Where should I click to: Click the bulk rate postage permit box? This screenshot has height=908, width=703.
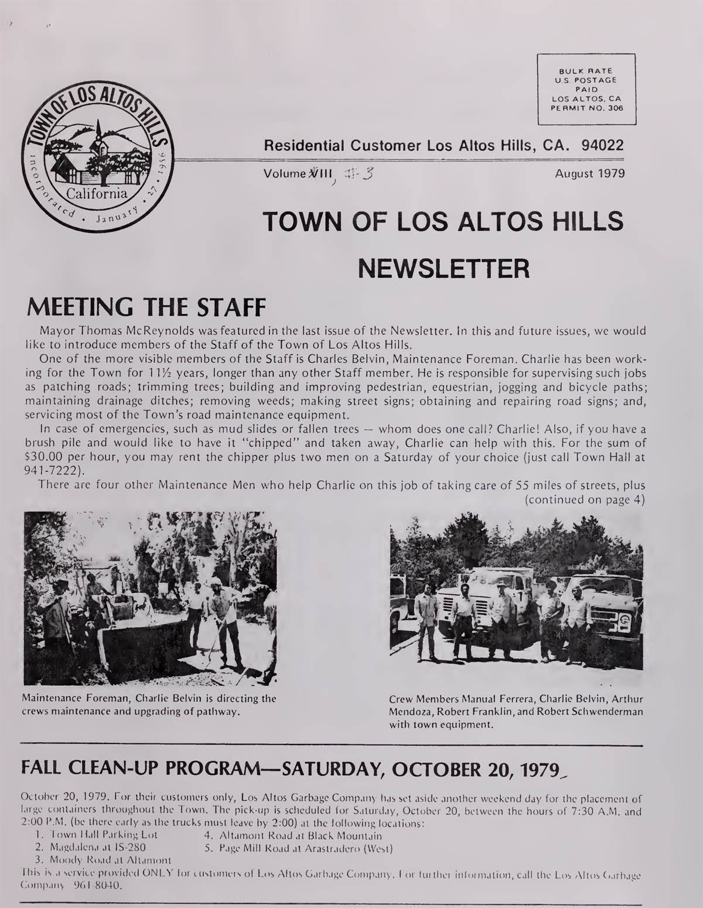[586, 89]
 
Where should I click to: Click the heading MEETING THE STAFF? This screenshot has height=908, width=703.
[144, 306]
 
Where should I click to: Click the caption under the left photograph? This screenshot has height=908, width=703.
[149, 705]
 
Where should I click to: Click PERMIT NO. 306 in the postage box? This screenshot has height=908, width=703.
[586, 108]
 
